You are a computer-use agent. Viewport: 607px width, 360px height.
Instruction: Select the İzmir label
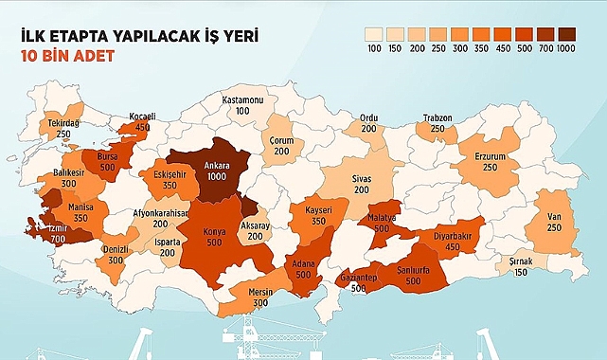pos(48,227)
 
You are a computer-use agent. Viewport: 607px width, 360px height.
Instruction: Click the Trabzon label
pos(437,117)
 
